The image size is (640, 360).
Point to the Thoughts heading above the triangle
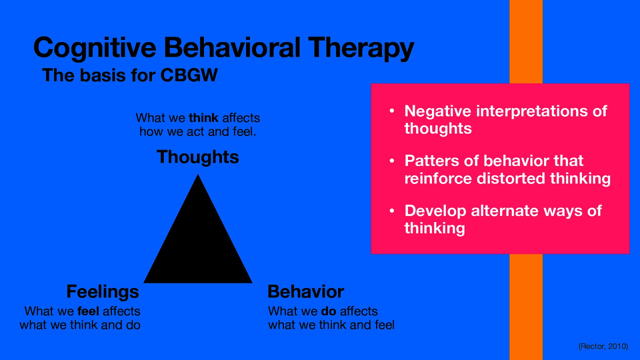pos(198,157)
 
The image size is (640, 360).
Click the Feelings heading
pos(102,292)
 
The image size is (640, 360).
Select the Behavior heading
pos(306,292)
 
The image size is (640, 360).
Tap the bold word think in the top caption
pos(204,118)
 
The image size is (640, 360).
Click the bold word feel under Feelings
pos(88,311)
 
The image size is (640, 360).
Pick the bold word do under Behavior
pos(328,311)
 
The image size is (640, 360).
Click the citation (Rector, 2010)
pos(603,346)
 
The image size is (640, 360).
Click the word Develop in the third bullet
pos(435,211)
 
